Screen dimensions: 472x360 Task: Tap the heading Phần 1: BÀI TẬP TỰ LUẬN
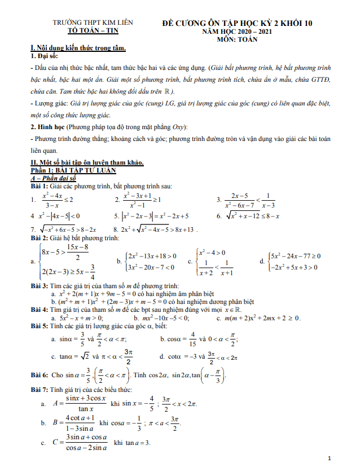tap(73, 170)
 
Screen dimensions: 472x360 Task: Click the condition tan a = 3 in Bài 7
tap(130, 443)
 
